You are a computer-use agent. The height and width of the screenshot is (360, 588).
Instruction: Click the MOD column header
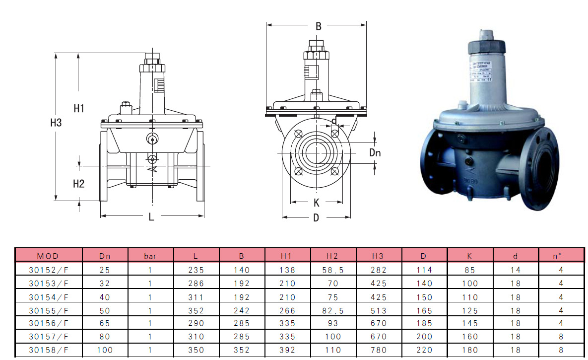click(x=48, y=256)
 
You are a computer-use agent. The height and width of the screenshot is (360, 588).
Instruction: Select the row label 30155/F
click(x=48, y=311)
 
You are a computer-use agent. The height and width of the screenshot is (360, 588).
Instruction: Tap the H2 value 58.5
click(x=333, y=270)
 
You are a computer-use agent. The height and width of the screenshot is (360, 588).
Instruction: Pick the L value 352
click(x=196, y=311)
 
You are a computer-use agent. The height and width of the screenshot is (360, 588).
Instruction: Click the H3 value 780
click(x=379, y=350)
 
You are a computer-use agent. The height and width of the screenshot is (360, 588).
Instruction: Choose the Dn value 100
click(x=105, y=350)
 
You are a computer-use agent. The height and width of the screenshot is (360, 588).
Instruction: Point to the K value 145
click(x=470, y=323)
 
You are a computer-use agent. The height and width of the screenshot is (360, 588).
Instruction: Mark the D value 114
click(x=424, y=270)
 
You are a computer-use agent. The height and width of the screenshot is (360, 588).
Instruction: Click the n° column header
click(x=561, y=256)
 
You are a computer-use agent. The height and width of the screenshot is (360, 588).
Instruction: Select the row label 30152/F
click(x=48, y=270)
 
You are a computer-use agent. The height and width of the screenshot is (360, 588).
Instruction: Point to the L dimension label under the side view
click(x=151, y=216)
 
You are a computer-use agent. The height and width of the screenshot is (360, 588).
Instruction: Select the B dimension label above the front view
click(x=319, y=27)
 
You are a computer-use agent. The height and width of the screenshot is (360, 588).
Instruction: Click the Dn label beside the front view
click(x=375, y=153)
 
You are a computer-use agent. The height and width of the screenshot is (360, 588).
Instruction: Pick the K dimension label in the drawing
click(x=317, y=203)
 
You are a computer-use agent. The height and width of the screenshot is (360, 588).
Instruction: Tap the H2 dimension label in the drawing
click(x=79, y=184)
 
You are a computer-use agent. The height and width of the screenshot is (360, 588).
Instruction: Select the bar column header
click(x=150, y=256)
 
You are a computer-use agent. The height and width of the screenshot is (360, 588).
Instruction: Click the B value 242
click(x=242, y=311)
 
